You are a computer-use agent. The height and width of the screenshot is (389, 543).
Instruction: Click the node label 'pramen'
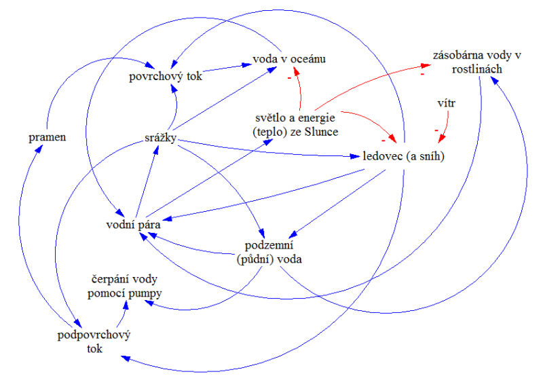click(47, 137)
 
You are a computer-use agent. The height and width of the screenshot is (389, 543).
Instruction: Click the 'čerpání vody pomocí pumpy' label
click(128, 286)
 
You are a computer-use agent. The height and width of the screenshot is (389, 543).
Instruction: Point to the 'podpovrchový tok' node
click(94, 342)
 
